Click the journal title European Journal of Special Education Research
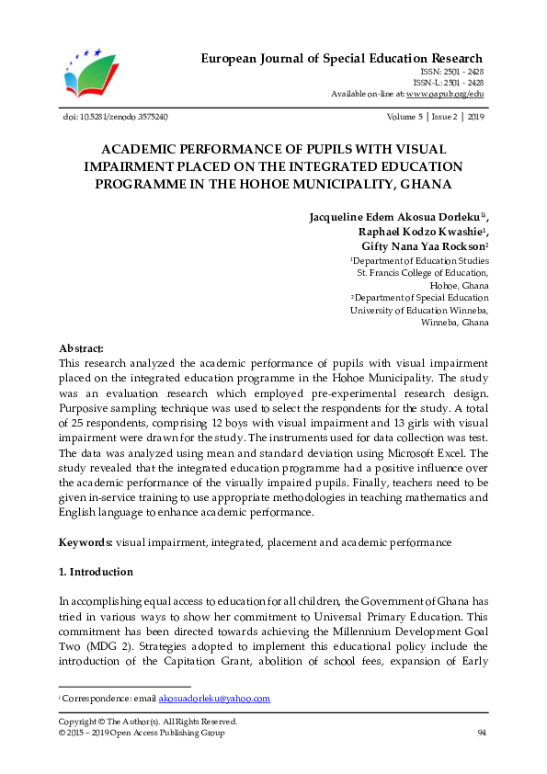click(342, 59)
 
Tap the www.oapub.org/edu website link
click(445, 94)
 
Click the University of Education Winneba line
click(419, 311)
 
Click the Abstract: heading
click(81, 349)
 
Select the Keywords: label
click(85, 542)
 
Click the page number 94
click(482, 733)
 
